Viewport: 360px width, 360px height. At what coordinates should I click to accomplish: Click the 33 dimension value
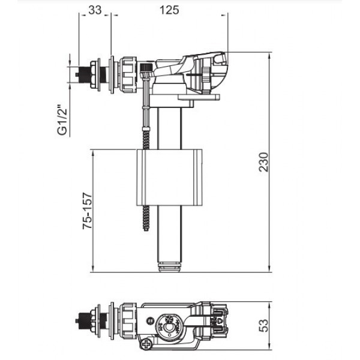click(x=94, y=10)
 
